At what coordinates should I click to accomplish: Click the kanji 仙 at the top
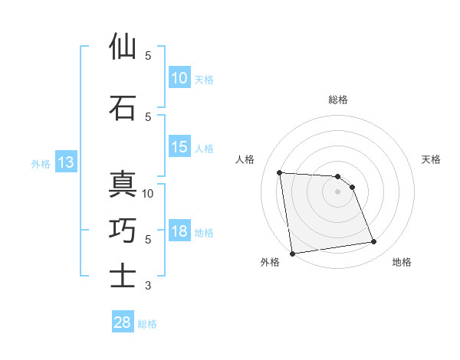coord(123,47)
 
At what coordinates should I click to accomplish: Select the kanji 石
coord(123,108)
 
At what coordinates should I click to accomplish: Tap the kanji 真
coord(123,185)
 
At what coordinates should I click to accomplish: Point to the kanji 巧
coord(123,231)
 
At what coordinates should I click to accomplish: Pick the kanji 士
coord(123,277)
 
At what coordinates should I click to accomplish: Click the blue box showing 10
coord(179,78)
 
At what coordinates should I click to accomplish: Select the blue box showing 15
coord(179,147)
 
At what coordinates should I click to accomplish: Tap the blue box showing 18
coord(179,231)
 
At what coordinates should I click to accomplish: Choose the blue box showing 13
coord(64,162)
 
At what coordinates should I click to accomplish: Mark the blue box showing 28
coord(123,323)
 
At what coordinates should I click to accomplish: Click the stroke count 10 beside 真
coord(148,193)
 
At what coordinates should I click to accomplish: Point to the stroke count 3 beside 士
coord(148,286)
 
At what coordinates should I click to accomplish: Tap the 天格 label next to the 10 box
coord(203,79)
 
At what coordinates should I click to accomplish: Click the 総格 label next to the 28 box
coord(147,324)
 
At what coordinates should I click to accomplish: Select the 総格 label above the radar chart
coord(337,100)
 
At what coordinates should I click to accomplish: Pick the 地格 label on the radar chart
coord(402,262)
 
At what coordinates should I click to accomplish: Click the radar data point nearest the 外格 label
coord(292,253)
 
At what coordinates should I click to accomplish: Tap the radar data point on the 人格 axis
coord(280,172)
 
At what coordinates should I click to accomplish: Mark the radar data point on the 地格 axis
coord(374,242)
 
